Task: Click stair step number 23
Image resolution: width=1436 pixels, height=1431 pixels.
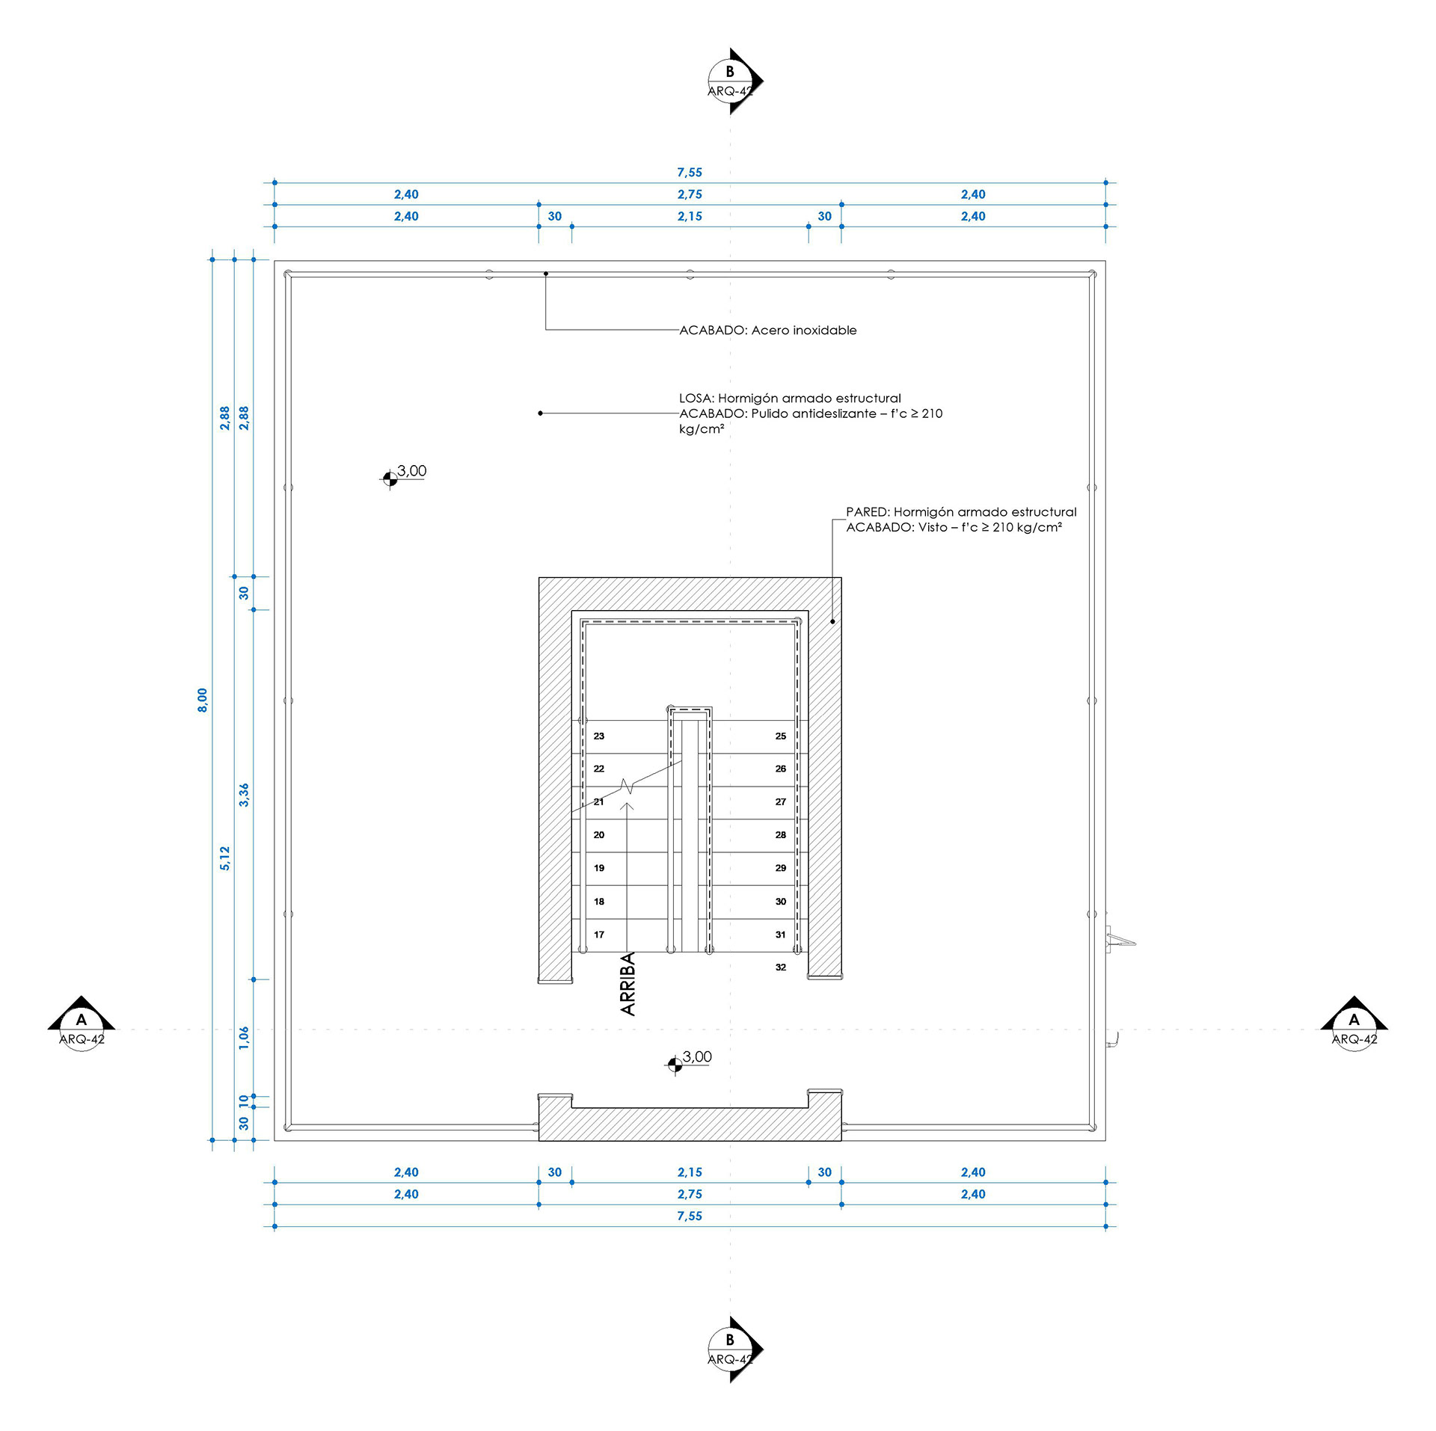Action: (598, 736)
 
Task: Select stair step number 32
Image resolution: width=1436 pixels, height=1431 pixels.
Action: (780, 967)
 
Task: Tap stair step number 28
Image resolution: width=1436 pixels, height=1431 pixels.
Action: (780, 834)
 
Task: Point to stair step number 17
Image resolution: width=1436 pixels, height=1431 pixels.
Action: (598, 934)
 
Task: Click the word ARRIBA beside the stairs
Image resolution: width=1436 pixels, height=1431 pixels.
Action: (628, 983)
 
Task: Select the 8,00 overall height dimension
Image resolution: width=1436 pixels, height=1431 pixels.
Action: (202, 700)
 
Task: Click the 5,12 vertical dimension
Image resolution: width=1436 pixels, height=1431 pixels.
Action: (224, 858)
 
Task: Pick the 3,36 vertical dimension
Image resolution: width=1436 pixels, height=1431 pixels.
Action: (244, 795)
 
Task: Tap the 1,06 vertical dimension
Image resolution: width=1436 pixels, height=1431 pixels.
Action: (244, 1038)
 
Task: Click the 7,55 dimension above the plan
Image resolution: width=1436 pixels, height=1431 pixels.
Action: (690, 173)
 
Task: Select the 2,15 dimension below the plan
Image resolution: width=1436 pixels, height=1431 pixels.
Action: (690, 1172)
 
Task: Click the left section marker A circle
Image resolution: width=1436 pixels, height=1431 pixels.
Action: (82, 1029)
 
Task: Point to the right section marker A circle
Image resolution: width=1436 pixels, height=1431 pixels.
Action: (1354, 1029)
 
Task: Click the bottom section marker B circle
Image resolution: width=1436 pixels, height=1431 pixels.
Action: (730, 1349)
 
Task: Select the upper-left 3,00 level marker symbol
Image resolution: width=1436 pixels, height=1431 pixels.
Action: (390, 478)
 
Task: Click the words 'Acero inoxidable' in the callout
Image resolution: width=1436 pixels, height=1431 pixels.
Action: (804, 330)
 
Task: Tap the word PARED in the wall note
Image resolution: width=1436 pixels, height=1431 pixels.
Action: (868, 512)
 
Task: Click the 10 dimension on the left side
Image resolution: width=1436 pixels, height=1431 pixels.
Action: (244, 1101)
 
